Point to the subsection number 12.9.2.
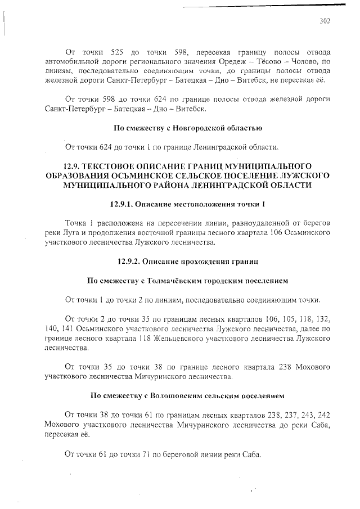[x=131, y=261]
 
